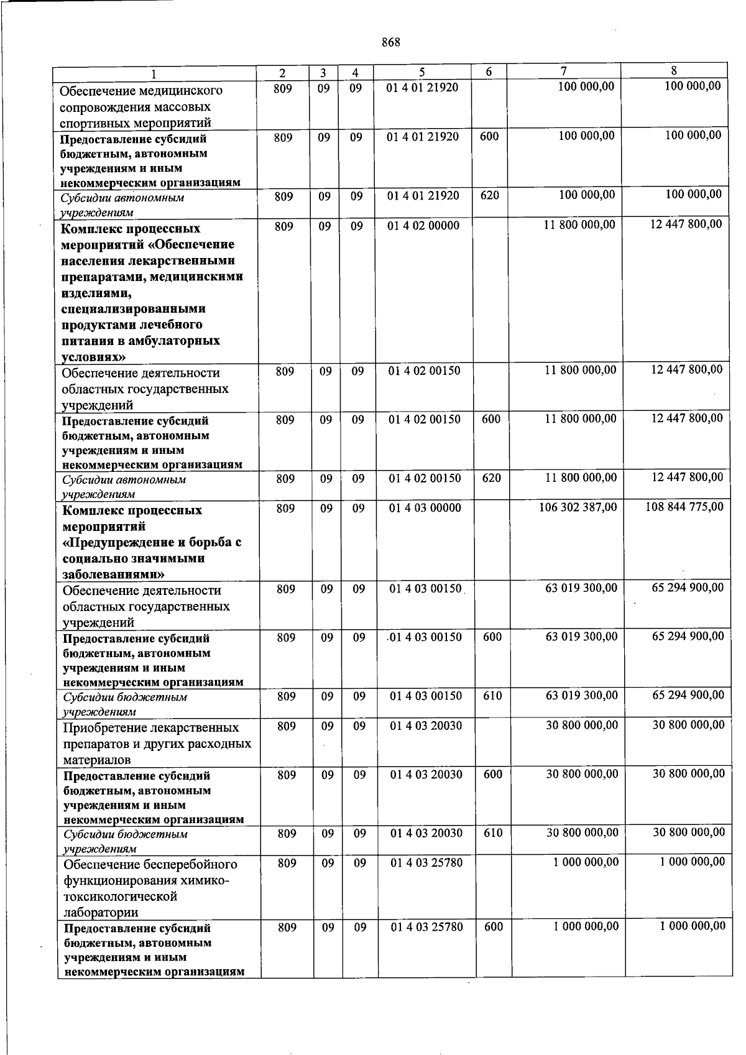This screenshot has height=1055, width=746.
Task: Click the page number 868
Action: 390,42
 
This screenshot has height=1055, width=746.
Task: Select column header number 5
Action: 421,73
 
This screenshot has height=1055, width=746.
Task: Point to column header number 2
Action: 282,73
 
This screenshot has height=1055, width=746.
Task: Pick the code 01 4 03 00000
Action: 425,508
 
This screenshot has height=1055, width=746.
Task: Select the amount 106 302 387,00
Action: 578,507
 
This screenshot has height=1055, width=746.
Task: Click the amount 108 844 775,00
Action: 684,507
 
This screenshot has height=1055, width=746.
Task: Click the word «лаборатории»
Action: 101,913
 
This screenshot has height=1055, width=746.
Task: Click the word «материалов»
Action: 97,760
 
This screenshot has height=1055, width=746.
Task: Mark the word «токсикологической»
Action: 120,896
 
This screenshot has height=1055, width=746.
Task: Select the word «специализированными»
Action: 134,309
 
